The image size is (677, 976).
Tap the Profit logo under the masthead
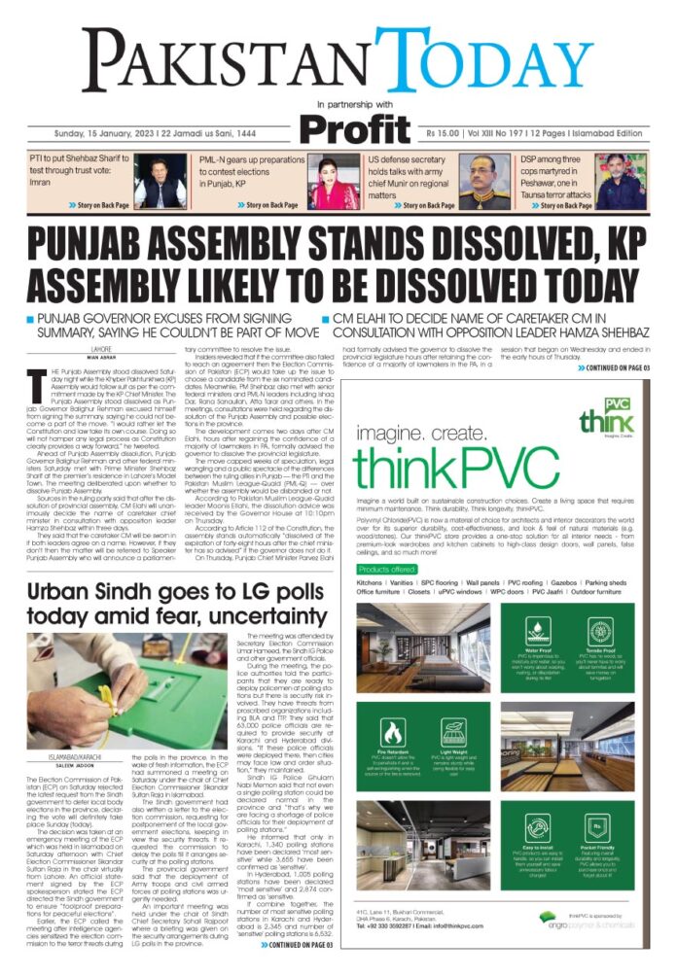click(x=354, y=128)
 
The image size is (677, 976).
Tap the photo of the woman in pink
click(x=336, y=183)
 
